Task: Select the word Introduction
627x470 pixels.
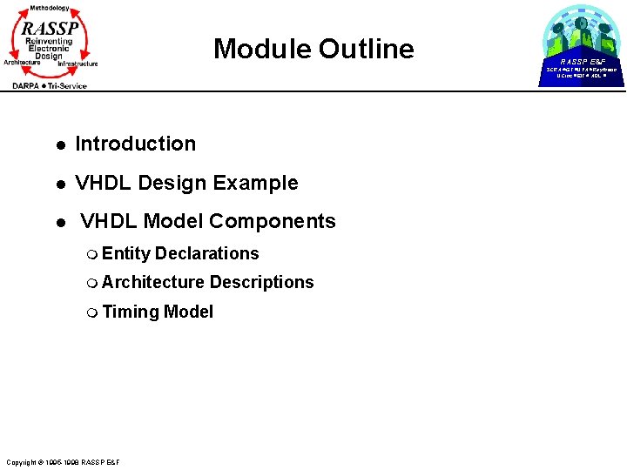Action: coord(136,144)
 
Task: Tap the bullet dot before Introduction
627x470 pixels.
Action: coord(58,145)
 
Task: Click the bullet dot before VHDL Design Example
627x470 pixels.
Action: coord(58,185)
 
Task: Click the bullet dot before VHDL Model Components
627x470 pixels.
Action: coord(58,223)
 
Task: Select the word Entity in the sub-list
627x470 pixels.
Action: coord(126,253)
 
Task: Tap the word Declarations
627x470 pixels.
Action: coord(207,253)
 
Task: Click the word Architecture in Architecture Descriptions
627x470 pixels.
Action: coord(153,282)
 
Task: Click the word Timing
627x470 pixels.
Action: coord(130,312)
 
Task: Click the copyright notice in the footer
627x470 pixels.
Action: coord(63,461)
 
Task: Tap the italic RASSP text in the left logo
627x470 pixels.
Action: coord(50,28)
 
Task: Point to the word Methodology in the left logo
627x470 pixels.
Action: coord(50,8)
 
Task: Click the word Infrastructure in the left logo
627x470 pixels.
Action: coord(78,64)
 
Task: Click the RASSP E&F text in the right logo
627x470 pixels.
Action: coord(582,62)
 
